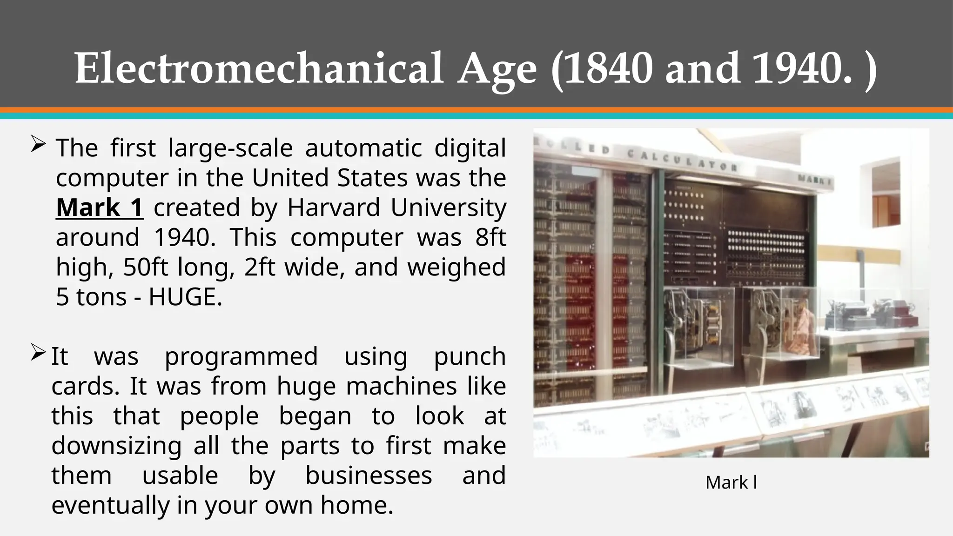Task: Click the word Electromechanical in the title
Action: [x=259, y=69]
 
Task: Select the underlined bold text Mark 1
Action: [x=100, y=208]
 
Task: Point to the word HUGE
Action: [x=185, y=297]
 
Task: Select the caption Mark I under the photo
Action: [x=731, y=482]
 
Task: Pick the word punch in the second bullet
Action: [x=470, y=356]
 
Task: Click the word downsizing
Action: [x=116, y=446]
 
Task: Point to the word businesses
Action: [x=369, y=476]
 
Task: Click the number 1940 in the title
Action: [x=802, y=69]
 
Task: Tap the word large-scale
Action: [x=230, y=148]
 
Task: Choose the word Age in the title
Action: [x=497, y=69]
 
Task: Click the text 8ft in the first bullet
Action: [x=490, y=237]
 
